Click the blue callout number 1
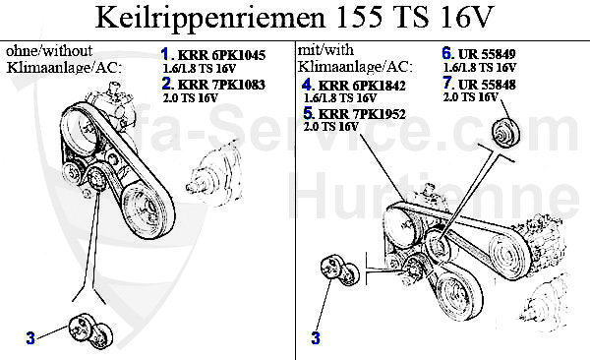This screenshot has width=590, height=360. pyautogui.click(x=165, y=53)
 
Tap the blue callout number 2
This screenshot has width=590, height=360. pyautogui.click(x=165, y=85)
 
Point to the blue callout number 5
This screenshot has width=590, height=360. pyautogui.click(x=308, y=115)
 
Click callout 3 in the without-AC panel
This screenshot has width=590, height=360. pyautogui.click(x=30, y=338)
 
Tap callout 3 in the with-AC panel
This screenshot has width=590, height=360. pyautogui.click(x=316, y=338)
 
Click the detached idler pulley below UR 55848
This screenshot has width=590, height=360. pyautogui.click(x=503, y=132)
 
